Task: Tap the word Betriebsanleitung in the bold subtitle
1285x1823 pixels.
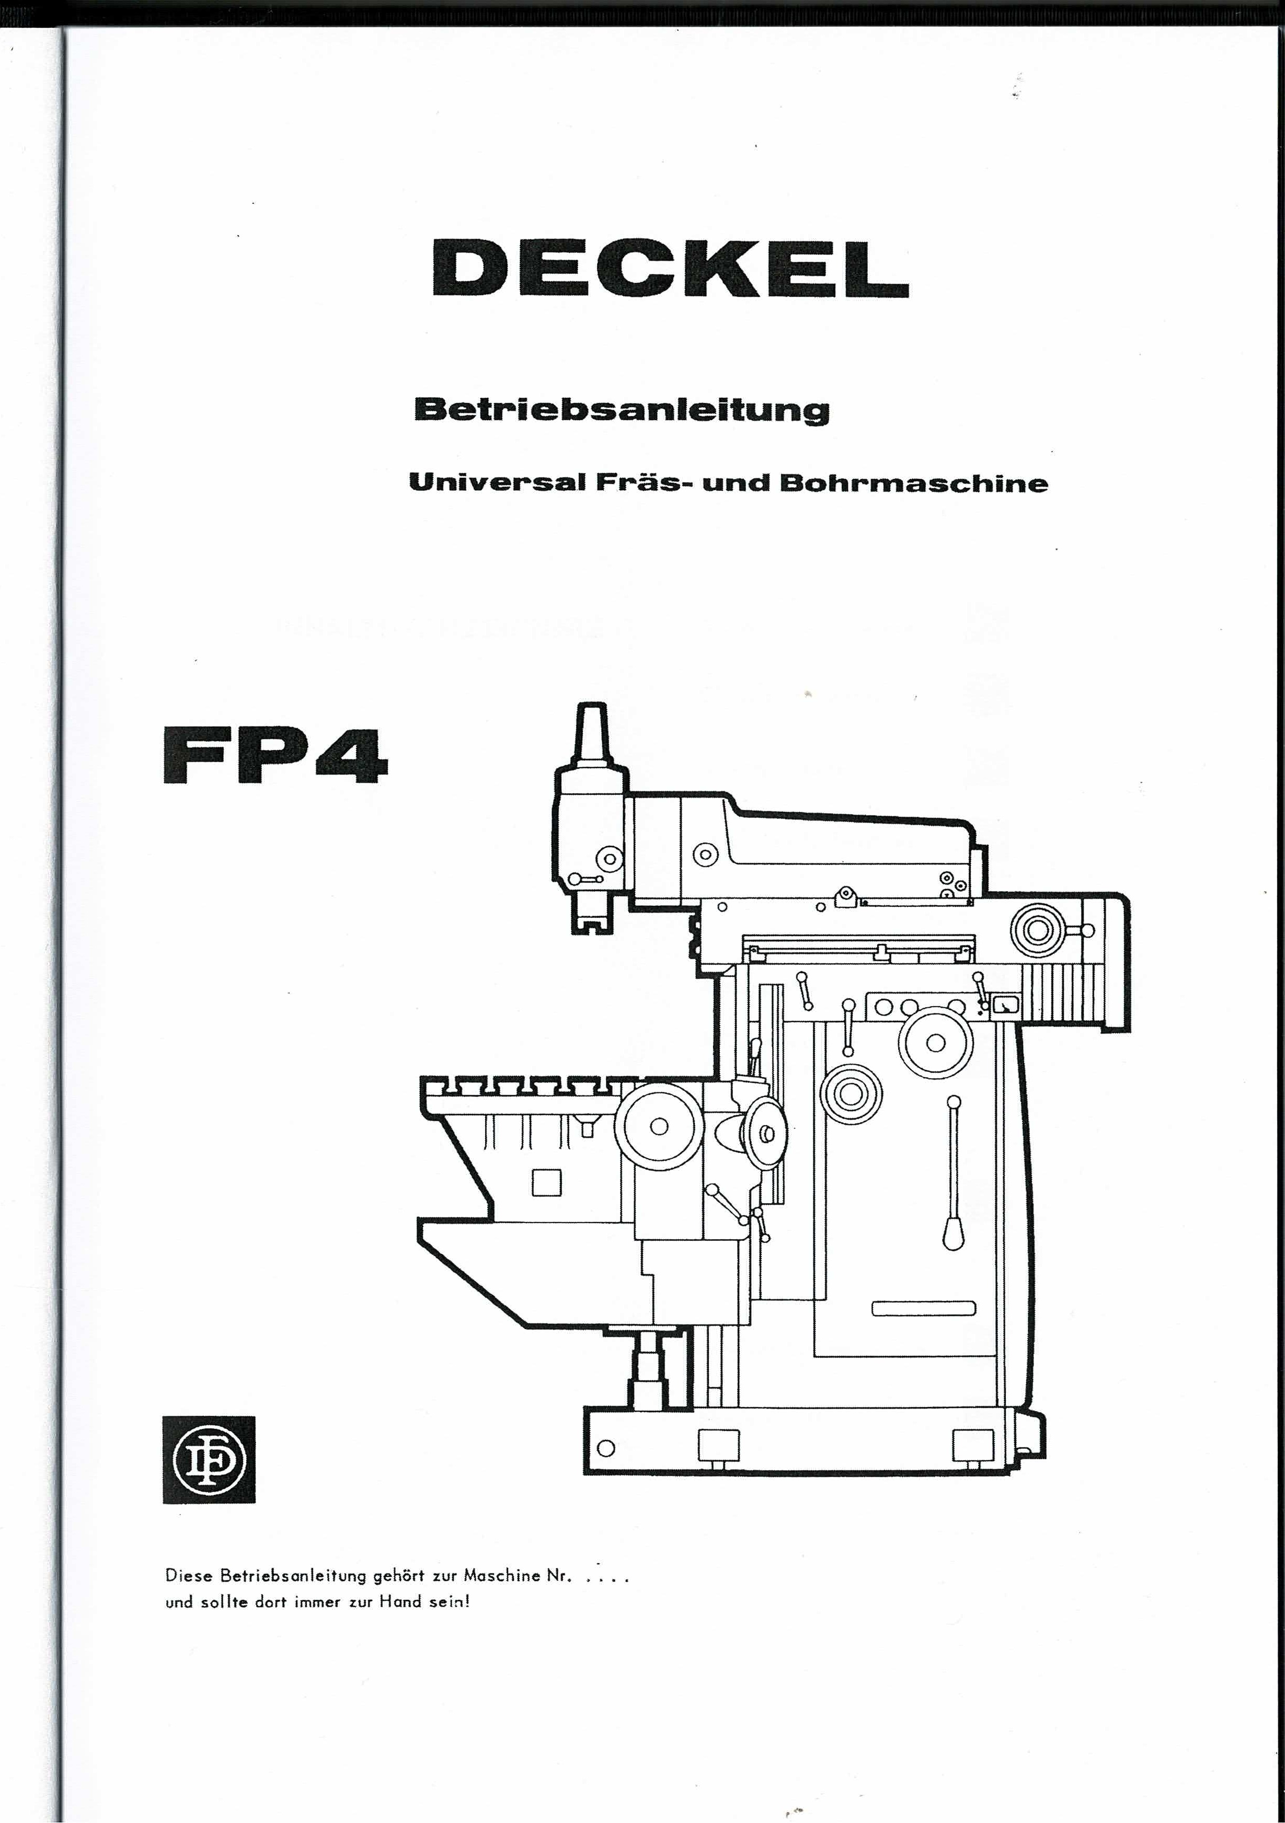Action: pyautogui.click(x=622, y=410)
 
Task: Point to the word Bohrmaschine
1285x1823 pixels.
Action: pyautogui.click(x=913, y=483)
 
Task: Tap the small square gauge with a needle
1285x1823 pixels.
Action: pyautogui.click(x=1005, y=1006)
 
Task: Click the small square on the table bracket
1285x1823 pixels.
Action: pyautogui.click(x=546, y=1182)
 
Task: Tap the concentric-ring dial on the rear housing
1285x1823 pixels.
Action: pyautogui.click(x=1037, y=930)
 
